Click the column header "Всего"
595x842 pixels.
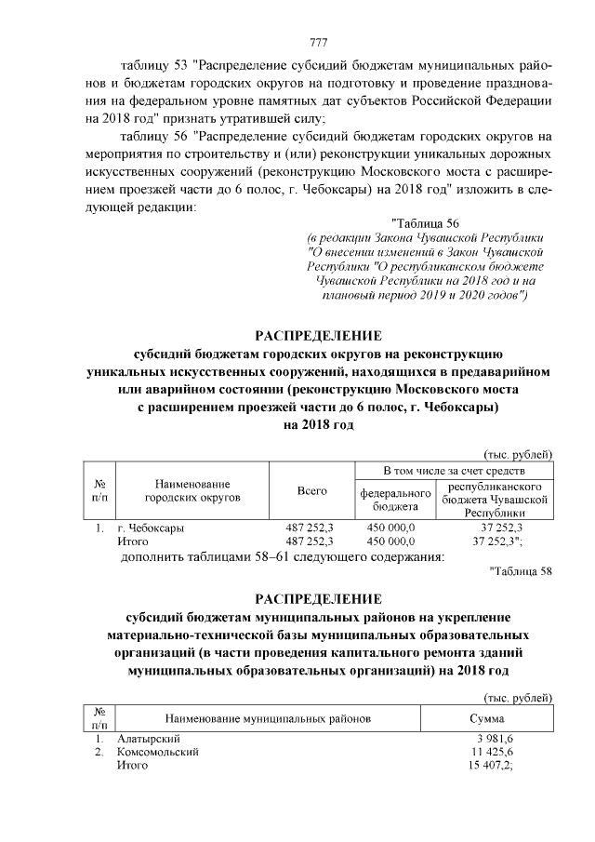pyautogui.click(x=311, y=490)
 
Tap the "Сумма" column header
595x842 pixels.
pyautogui.click(x=487, y=719)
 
